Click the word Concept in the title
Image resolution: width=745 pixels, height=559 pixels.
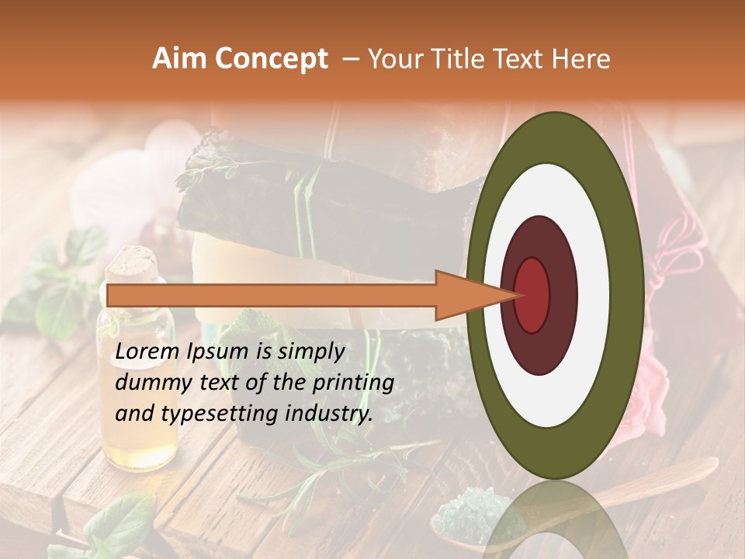[x=271, y=59]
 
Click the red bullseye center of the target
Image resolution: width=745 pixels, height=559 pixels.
[x=532, y=293]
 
